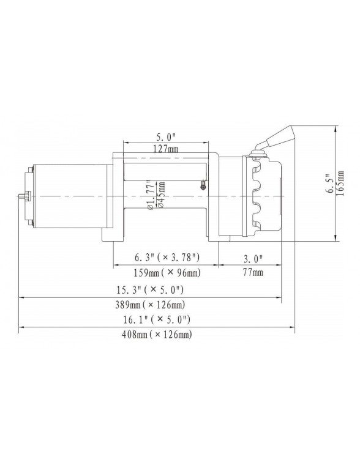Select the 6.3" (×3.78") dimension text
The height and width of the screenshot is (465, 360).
click(x=167, y=256)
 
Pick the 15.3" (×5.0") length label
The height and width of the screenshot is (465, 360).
click(x=159, y=289)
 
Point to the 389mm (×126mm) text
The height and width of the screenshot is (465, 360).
click(x=159, y=305)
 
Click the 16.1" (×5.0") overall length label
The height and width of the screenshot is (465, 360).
click(x=159, y=319)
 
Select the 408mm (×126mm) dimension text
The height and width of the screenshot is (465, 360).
click(x=159, y=335)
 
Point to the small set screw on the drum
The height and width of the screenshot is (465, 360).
click(x=203, y=185)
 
